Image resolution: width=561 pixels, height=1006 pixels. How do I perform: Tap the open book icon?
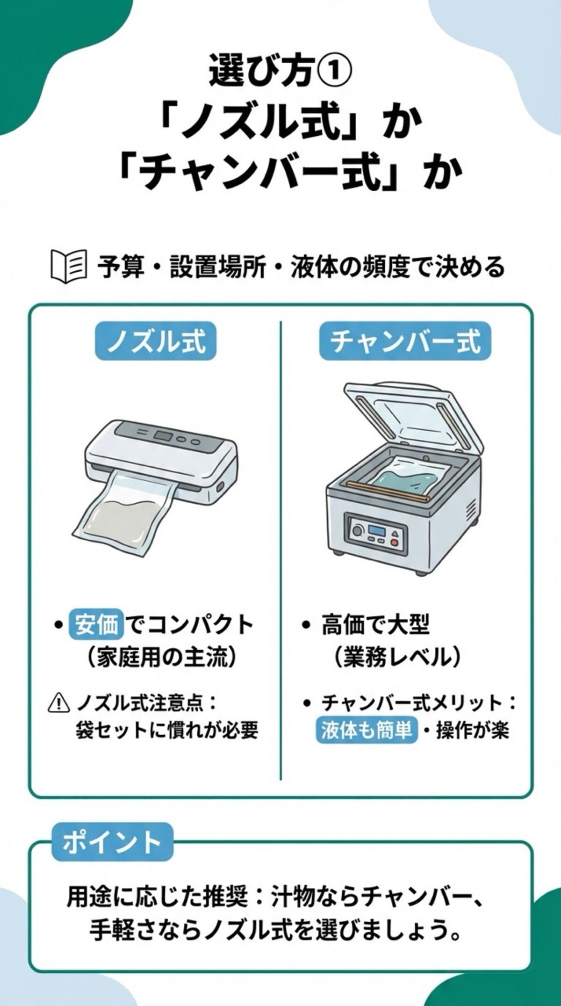tap(68, 267)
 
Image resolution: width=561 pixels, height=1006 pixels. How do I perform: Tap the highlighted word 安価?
tap(97, 625)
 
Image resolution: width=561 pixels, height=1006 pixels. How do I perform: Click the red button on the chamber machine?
tap(394, 543)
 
